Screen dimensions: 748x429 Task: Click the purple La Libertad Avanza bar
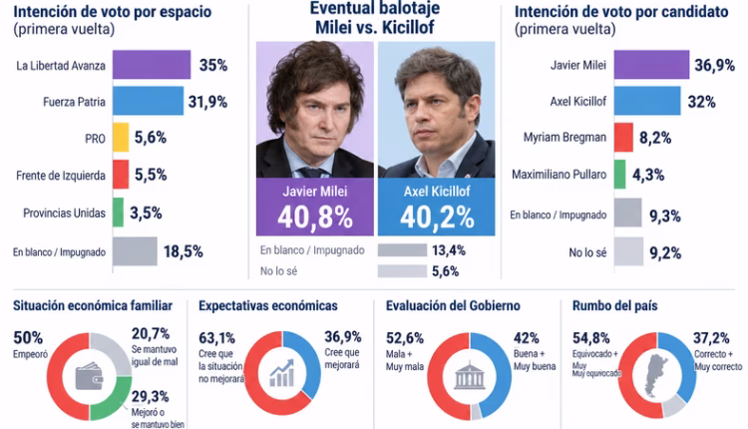pos(152,65)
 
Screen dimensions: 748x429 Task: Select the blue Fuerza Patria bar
pos(148,101)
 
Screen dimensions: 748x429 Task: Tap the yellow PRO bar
pos(121,138)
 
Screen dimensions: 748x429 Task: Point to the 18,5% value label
pos(184,251)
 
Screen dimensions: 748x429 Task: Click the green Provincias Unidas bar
pos(118,213)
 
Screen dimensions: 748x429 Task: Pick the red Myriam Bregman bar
pos(623,138)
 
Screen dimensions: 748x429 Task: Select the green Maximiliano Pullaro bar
pos(619,175)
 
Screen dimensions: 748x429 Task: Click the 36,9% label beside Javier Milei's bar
pos(714,65)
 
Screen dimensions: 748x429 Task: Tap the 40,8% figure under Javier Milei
pos(315,217)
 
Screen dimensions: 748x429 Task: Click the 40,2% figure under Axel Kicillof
pos(437,217)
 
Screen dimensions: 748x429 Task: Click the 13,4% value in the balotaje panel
pos(449,250)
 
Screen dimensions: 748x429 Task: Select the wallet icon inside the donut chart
pos(89,375)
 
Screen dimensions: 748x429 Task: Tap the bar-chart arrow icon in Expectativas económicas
pos(282,373)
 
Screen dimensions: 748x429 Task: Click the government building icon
pos(470,375)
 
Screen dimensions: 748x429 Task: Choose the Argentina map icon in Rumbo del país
pos(656,375)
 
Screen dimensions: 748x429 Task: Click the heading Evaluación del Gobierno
pos(453,306)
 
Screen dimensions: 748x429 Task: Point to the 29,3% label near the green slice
pos(151,396)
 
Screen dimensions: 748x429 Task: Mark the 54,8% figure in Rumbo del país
pos(591,338)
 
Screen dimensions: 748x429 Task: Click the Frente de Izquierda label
pos(61,176)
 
